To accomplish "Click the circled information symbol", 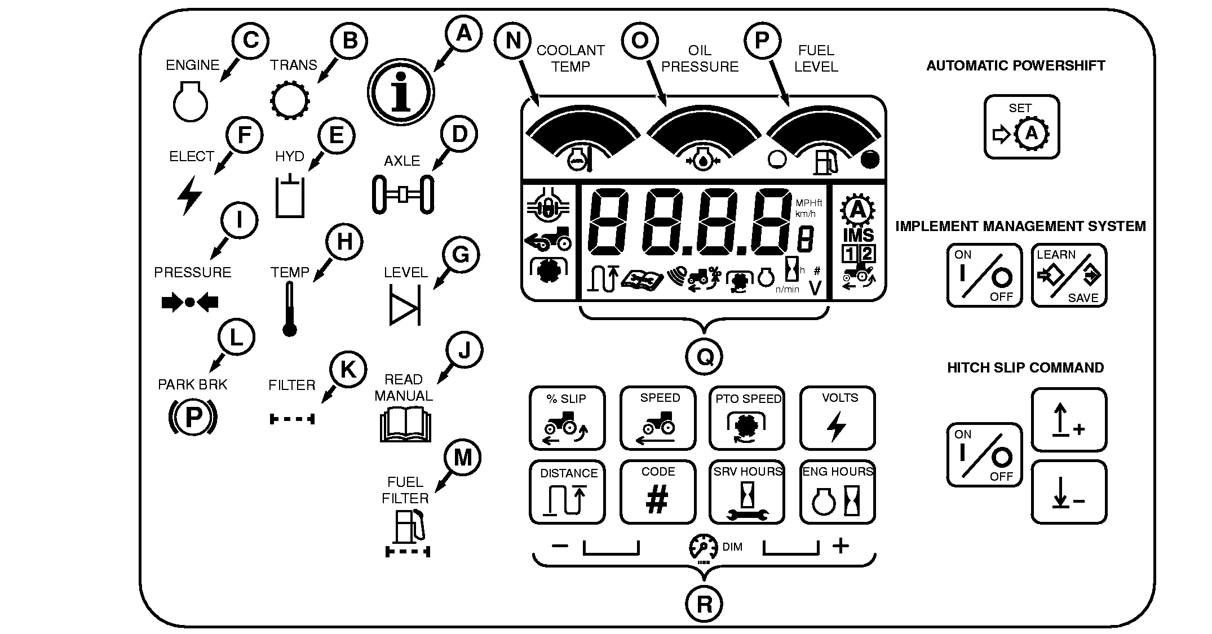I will coord(401,93).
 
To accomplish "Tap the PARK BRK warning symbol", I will coord(193,418).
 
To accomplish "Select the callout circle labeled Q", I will coord(705,357).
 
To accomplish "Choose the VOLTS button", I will coord(837,418).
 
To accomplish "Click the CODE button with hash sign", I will coord(657,492).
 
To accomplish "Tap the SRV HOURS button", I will coord(747,492).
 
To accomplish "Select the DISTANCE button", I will coord(567,492).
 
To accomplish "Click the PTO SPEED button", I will coord(747,418).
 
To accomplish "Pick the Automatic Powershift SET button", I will coord(1021,127).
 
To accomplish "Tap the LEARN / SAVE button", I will coord(1069,276).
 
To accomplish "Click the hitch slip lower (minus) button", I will coord(1069,492).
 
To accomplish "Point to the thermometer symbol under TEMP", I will coord(290,309).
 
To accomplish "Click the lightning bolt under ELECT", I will coord(189,195).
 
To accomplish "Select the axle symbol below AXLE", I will coord(402,194).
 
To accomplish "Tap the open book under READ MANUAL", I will coord(405,425).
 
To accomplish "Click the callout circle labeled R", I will coord(705,604).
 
